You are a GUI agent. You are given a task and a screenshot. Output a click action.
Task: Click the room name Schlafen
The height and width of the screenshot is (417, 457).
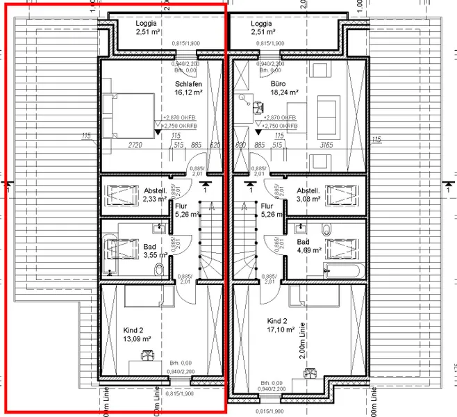click(189, 83)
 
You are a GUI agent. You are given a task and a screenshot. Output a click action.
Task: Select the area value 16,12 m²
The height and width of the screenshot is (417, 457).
click(189, 92)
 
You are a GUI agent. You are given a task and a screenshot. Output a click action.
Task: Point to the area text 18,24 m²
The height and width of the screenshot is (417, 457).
click(284, 92)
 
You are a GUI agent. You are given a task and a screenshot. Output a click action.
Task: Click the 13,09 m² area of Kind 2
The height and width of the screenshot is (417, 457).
click(135, 339)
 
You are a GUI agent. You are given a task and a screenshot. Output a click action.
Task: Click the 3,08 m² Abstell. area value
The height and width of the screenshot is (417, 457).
click(308, 199)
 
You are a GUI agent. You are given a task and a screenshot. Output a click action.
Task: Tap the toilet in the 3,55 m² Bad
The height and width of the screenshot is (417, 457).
click(160, 268)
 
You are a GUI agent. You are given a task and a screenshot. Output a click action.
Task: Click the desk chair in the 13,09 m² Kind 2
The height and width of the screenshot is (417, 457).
click(148, 356)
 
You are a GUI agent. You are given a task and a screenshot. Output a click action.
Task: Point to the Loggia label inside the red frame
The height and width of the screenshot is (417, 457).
click(147, 24)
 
